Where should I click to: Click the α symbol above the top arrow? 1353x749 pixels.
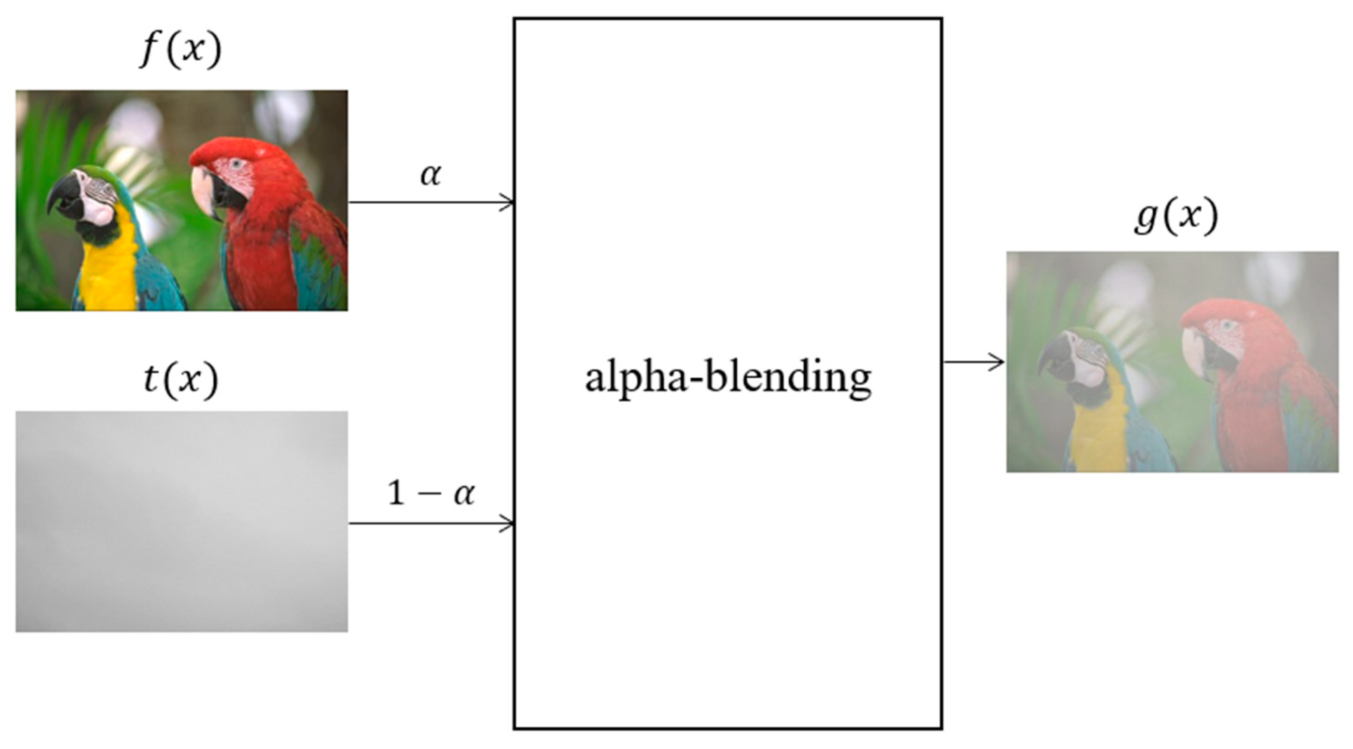coord(431,175)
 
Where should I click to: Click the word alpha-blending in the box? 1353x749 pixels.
coord(728,377)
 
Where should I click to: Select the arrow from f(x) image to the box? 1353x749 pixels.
coord(431,202)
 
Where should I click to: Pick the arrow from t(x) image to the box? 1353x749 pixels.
coord(431,523)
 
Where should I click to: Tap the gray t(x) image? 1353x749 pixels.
coord(181,522)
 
